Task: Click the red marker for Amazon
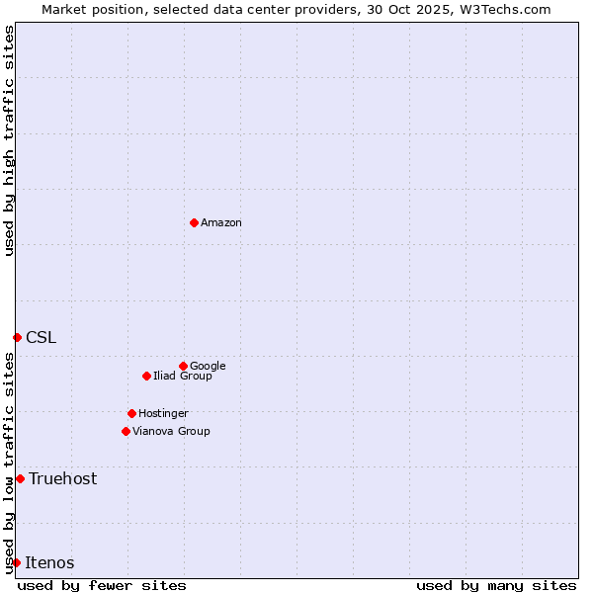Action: click(194, 222)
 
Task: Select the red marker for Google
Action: click(183, 366)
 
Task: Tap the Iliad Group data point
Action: click(146, 376)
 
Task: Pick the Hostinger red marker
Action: click(131, 413)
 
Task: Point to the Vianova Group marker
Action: click(126, 431)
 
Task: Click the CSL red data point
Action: click(17, 337)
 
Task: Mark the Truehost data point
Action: click(20, 478)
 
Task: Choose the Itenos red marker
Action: click(16, 562)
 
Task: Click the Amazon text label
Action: click(221, 223)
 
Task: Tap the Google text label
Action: click(208, 366)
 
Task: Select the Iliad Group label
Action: click(183, 376)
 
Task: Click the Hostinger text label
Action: click(163, 413)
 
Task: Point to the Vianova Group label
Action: click(171, 431)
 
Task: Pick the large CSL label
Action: click(42, 337)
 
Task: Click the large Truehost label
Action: click(63, 478)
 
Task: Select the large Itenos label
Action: click(49, 562)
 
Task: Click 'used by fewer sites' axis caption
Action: click(102, 585)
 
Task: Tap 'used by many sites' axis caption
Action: click(496, 585)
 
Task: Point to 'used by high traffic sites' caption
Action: click(9, 140)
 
